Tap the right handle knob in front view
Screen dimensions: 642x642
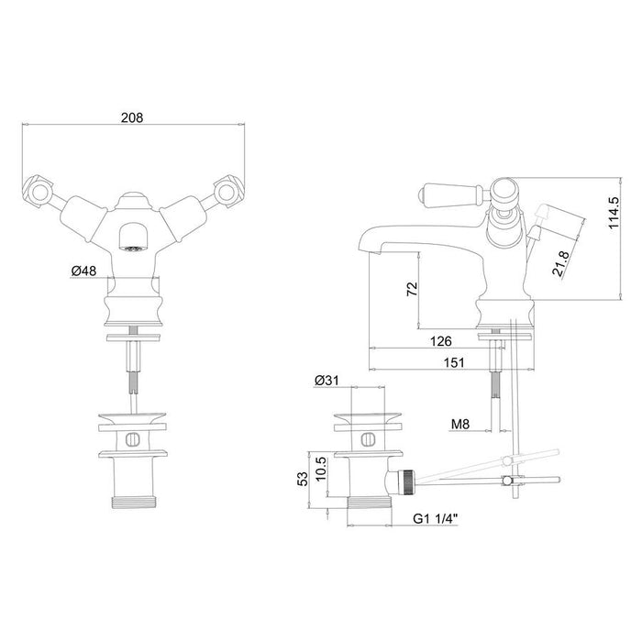(x=223, y=190)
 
